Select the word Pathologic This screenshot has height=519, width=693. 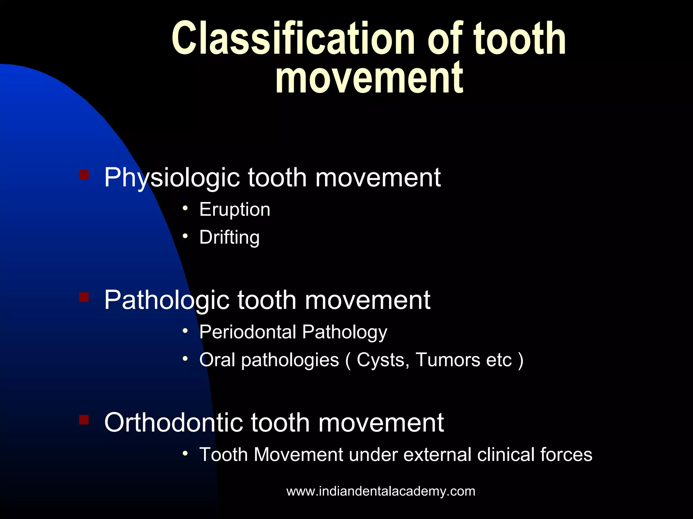166,300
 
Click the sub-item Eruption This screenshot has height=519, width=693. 234,209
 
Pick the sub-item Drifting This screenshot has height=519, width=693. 229,237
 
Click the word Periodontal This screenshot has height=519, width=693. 247,332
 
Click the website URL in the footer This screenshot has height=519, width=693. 381,491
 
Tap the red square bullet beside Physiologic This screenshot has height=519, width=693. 84,175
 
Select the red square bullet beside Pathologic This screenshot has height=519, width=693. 84,297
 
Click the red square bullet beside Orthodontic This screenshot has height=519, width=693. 84,420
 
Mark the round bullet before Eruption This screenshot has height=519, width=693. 185,208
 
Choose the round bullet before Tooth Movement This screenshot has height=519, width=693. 185,453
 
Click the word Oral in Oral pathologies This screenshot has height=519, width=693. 217,360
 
